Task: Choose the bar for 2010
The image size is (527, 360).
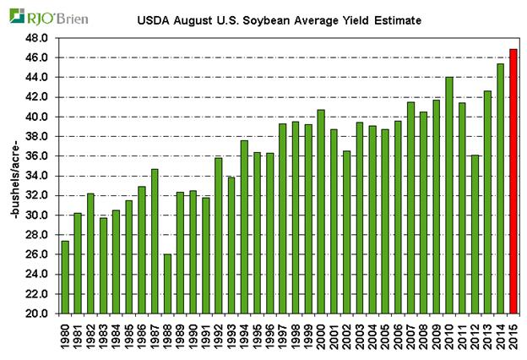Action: (448, 195)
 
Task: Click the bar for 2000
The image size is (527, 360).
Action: (320, 211)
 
